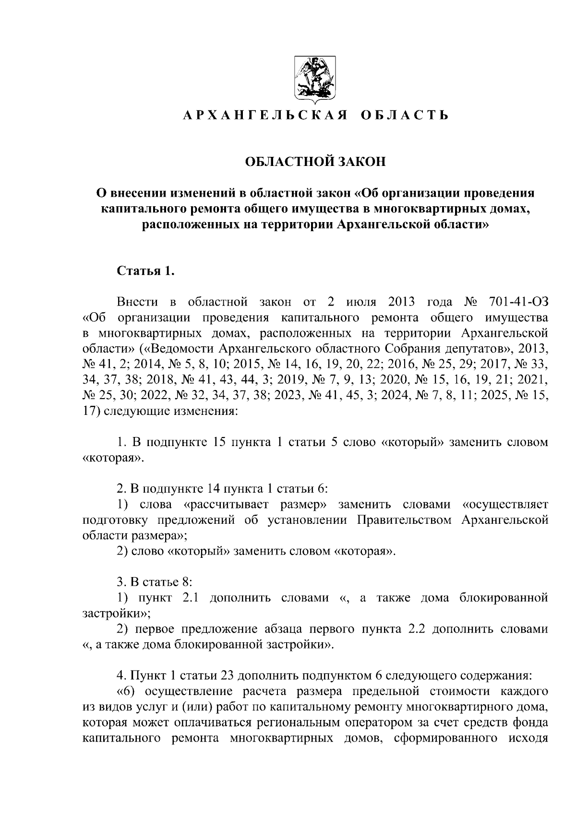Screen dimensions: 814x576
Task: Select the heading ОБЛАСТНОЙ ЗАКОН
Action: [x=315, y=162]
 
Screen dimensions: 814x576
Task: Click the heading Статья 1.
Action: [x=145, y=271]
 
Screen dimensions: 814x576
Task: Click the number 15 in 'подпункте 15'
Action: [x=219, y=442]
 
